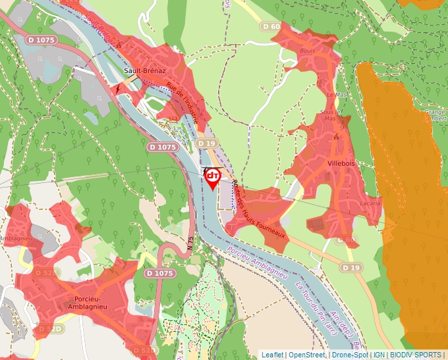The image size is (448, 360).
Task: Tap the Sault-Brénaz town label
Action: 144,70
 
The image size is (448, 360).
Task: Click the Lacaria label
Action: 370,203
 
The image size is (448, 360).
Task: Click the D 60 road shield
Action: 271,26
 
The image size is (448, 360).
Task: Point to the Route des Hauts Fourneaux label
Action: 263,211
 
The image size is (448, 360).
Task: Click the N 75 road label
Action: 189,242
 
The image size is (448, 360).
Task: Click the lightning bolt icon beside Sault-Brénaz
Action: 118,88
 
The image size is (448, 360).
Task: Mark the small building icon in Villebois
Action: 337,137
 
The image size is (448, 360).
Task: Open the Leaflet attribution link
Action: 272,355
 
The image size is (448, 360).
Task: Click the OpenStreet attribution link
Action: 307,355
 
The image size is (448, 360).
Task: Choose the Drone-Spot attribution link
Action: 350,355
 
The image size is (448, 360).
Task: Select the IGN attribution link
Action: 379,355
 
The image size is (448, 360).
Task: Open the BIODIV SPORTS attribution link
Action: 416,355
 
